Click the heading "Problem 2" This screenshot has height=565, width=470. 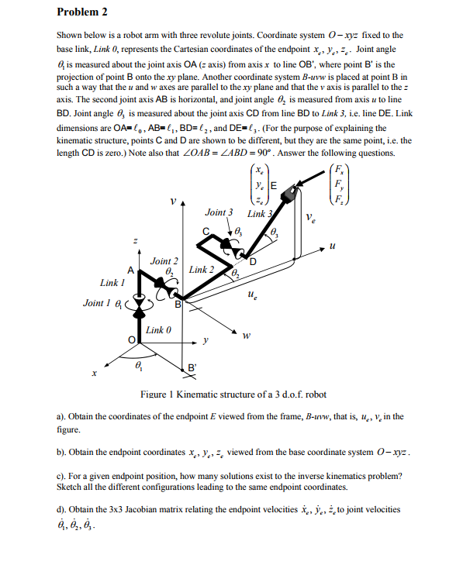[x=81, y=12]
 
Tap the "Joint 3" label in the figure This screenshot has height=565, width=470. [x=219, y=212]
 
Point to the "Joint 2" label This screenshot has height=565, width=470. [x=164, y=261]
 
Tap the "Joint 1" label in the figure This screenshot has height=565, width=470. [x=98, y=303]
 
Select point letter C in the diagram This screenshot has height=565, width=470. [x=206, y=229]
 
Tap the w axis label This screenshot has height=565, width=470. [x=246, y=336]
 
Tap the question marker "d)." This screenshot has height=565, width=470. [x=63, y=509]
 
